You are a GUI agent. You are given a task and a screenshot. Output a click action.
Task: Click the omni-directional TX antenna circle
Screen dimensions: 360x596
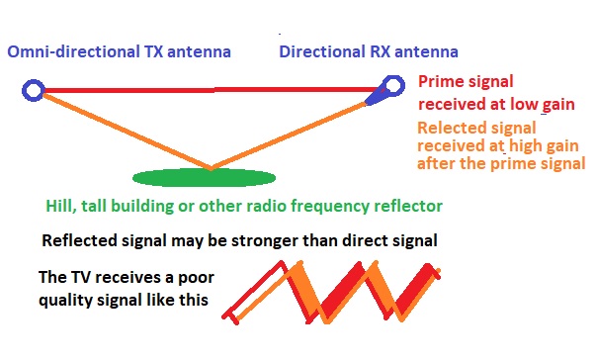[x=32, y=92]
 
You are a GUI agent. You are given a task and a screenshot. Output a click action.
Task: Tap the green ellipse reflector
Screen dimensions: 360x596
[x=204, y=178]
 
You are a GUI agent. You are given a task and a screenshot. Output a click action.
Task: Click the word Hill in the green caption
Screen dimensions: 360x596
[x=60, y=207]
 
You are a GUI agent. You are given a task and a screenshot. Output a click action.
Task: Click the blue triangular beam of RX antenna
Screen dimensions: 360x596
[x=377, y=97]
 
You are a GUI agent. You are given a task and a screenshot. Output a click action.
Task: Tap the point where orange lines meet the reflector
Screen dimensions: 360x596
[x=209, y=168]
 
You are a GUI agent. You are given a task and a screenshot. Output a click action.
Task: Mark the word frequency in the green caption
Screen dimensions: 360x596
[x=334, y=207]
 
